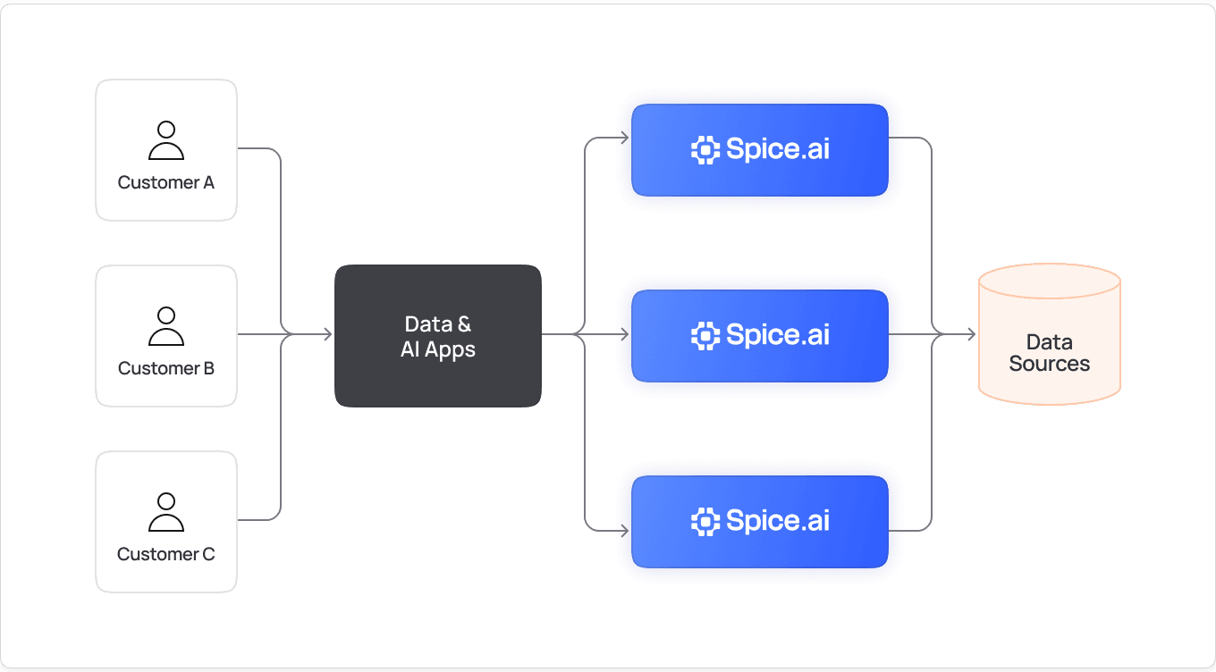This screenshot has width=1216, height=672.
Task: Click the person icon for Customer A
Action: [x=166, y=140]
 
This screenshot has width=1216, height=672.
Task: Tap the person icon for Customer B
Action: [x=166, y=326]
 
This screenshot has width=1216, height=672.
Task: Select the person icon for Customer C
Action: [x=166, y=512]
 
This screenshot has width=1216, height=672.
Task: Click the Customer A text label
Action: [x=166, y=183]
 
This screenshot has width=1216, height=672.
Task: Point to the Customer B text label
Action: [x=166, y=368]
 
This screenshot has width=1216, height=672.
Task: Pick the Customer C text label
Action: [x=166, y=554]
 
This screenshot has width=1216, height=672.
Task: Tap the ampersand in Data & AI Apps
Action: [x=464, y=324]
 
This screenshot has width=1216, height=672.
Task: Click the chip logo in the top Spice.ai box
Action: [x=705, y=150]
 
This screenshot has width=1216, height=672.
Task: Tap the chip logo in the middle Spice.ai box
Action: [x=705, y=336]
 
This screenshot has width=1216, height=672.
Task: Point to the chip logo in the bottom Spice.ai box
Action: [x=705, y=522]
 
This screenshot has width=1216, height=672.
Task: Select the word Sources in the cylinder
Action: [x=1050, y=365]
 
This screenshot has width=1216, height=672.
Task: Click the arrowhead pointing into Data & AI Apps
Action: [x=327, y=335]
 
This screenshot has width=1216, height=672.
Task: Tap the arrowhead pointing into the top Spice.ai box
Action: [x=624, y=138]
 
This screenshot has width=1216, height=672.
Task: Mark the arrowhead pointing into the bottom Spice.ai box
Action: [x=624, y=531]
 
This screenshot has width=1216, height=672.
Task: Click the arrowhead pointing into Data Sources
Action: [x=970, y=335]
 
